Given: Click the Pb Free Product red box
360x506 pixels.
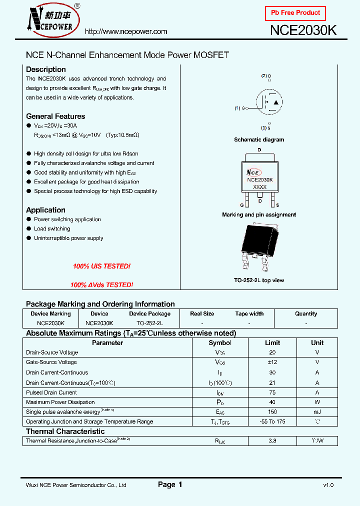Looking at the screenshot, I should pos(295,13).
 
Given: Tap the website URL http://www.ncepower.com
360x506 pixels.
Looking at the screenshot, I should pos(126,31).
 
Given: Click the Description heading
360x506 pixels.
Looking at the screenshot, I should pos(46,69).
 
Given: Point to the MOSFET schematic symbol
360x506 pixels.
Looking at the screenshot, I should pos(269,102).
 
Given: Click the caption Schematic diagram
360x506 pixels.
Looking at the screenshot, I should pos(259,140).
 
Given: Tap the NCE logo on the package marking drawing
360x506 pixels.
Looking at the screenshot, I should pos(255,171).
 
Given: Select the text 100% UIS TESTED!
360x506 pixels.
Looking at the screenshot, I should pos(101,266).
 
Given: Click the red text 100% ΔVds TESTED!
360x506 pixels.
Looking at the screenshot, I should pos(101,285).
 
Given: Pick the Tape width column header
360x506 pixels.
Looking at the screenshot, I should pos(249,314).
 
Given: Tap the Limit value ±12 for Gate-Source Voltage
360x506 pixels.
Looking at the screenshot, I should pos(272,362).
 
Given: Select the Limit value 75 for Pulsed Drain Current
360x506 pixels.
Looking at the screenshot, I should pos(272,392).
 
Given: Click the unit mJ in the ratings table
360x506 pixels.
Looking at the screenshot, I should pos(317,412).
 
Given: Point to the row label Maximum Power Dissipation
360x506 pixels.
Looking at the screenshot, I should pos(60,402).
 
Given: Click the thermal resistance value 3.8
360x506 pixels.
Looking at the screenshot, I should pos(272,441).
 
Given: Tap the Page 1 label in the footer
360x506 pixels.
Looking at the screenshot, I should pos(170,484).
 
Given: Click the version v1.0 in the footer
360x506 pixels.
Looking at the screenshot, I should pos(328,485).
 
